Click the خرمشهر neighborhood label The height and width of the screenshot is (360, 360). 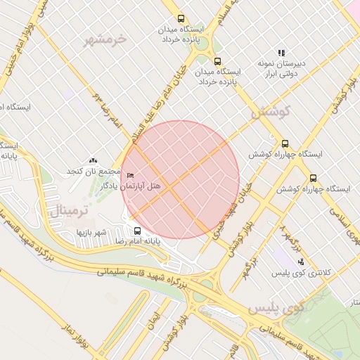(x=106, y=39)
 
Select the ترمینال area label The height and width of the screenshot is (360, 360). (x=66, y=210)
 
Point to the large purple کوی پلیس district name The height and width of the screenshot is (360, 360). (x=274, y=308)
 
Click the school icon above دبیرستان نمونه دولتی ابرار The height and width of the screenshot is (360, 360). (x=282, y=53)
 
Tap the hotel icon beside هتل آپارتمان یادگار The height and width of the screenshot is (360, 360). (x=130, y=174)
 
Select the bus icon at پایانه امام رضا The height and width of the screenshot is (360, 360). (x=137, y=230)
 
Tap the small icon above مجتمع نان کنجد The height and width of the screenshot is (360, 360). (x=94, y=161)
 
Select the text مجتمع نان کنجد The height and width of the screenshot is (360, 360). (x=94, y=172)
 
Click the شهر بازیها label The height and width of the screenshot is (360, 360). (x=91, y=231)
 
